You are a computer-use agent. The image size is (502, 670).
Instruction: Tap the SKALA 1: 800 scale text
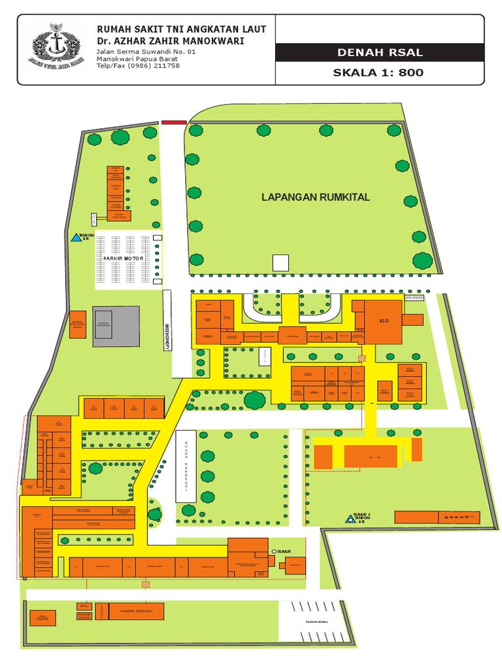pos(379,73)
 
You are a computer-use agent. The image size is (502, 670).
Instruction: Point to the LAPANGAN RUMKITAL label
pos(316,197)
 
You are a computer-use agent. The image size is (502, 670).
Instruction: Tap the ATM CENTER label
pos(414,297)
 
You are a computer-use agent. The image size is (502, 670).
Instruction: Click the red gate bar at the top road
pos(173,122)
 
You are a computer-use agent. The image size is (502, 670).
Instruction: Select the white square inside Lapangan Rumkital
pos(280,262)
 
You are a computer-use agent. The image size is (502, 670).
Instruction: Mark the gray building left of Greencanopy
pos(116,326)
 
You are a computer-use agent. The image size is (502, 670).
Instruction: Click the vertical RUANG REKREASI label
pos(186,466)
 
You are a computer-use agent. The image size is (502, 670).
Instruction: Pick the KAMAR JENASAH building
pos(136,611)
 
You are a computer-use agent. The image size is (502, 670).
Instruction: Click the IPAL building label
pos(83,605)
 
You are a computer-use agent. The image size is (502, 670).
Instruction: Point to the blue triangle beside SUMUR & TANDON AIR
pos(350,519)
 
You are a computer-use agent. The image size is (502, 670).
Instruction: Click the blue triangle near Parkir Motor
pos(75,238)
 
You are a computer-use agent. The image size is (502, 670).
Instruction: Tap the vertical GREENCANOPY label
pos(167,334)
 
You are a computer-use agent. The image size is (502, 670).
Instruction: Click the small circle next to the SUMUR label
pos(274,552)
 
